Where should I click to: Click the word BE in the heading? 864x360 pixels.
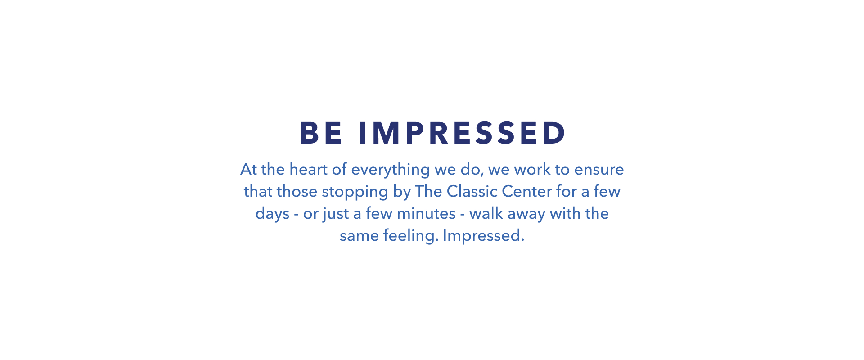321,133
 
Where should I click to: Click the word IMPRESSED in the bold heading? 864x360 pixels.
462,133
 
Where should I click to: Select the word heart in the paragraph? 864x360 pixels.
308,169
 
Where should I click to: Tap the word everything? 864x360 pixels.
391,170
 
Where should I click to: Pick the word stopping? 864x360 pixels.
355,192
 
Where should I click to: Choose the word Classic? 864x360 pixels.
472,191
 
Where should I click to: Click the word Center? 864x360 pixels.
527,192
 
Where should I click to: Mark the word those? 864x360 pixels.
297,191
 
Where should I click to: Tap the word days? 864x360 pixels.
272,214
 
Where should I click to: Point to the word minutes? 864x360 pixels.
426,213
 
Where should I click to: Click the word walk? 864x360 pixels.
486,213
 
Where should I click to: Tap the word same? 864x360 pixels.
359,236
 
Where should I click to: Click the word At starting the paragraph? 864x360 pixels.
249,169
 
